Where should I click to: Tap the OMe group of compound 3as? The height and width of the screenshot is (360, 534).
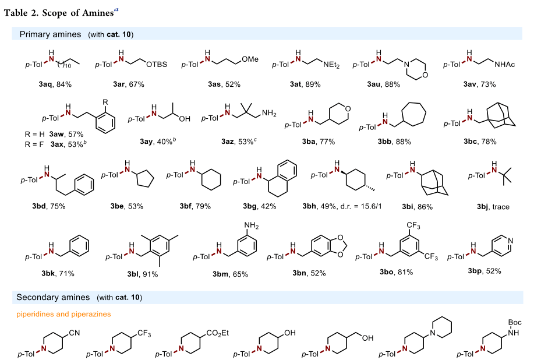coord(250,59)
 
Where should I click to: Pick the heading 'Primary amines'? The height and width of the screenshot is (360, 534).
coord(50,34)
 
